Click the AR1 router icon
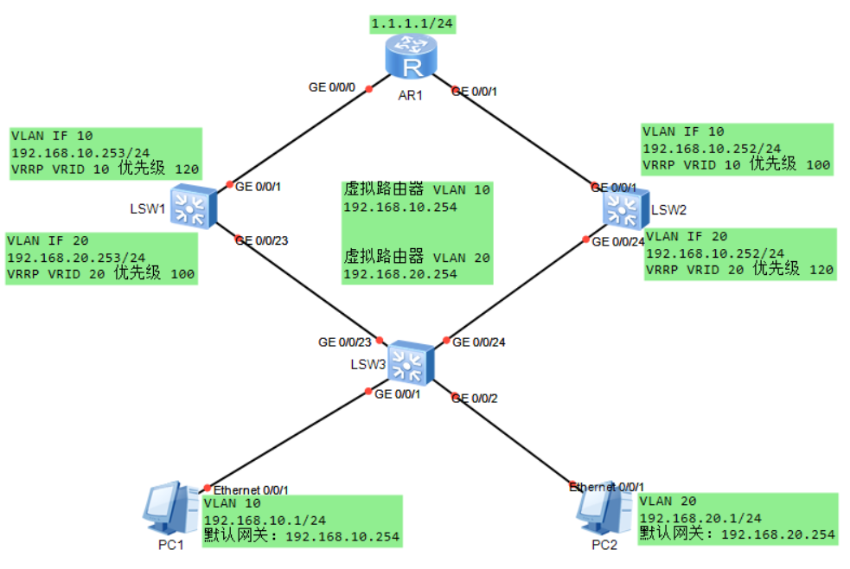[x=411, y=56]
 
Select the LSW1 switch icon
[x=194, y=207]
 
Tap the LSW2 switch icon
[x=625, y=210]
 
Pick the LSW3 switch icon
[x=411, y=362]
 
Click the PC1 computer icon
[x=171, y=508]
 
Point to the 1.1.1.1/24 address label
[x=412, y=24]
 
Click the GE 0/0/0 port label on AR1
[x=332, y=87]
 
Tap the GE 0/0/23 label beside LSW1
[x=262, y=240]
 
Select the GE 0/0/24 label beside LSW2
[x=618, y=241]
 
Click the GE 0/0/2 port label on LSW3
[x=475, y=399]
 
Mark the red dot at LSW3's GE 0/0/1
[x=368, y=391]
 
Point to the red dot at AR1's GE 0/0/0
[x=369, y=89]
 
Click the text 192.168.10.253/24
[x=80, y=153]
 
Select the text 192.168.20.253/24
[x=76, y=258]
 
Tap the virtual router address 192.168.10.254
[x=400, y=207]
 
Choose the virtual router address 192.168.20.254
[x=400, y=274]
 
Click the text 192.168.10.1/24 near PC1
[x=265, y=521]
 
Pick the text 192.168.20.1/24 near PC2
[x=700, y=518]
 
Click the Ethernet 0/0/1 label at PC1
[x=251, y=490]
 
